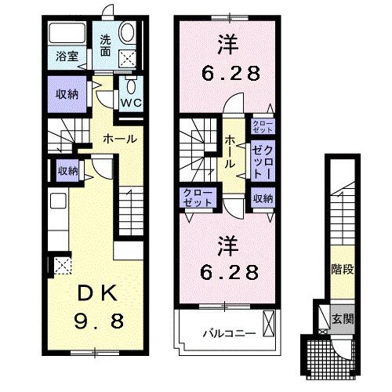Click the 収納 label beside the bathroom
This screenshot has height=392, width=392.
click(67, 94)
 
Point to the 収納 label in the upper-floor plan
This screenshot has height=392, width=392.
click(263, 199)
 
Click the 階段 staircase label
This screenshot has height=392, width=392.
click(342, 270)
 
